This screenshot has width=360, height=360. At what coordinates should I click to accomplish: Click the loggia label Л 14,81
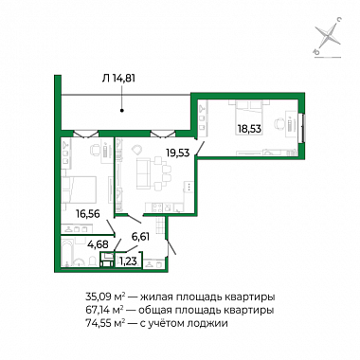[118, 78]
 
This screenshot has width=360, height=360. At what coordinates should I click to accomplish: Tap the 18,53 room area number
[250, 129]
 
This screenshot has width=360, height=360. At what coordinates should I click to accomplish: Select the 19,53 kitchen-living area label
[178, 153]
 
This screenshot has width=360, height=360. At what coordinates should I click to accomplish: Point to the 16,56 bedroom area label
[88, 214]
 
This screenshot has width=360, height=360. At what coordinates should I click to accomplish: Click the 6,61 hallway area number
[140, 236]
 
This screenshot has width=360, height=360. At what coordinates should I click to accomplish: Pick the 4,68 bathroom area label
[98, 243]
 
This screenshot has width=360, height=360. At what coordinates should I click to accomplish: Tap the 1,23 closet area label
[129, 261]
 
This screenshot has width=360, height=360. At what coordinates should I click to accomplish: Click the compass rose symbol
[328, 37]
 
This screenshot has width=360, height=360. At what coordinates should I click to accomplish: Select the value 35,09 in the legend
[98, 297]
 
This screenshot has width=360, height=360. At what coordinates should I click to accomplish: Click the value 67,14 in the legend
[98, 310]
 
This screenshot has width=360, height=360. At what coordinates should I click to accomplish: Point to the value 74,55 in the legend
[98, 323]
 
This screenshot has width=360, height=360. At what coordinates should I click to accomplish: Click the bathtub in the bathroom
[67, 253]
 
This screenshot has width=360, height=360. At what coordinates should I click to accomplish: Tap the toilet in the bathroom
[92, 261]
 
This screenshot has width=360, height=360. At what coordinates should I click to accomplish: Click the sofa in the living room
[143, 173]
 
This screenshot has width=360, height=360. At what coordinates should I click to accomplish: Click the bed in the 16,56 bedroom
[79, 189]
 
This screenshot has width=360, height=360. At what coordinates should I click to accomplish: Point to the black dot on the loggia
[122, 111]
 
